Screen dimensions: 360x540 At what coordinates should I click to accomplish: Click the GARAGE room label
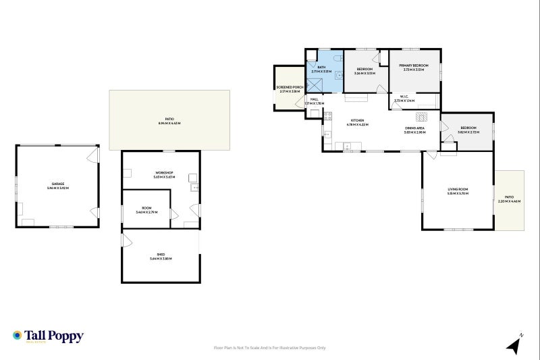coord(57,184)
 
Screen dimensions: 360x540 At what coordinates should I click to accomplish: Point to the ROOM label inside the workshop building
coord(146,208)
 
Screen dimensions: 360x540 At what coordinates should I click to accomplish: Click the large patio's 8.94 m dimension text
coord(169,124)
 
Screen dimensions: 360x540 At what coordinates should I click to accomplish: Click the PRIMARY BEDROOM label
coord(413,66)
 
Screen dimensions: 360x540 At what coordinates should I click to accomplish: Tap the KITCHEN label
coord(357,121)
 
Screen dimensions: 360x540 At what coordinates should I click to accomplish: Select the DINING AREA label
coord(414,128)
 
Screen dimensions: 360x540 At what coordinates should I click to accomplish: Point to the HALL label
coord(314,99)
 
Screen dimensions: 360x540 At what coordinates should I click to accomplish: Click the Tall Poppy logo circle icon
coord(18,335)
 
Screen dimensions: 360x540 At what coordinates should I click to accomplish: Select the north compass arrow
coord(515,345)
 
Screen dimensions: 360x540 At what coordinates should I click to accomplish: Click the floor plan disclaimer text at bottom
coord(269,348)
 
